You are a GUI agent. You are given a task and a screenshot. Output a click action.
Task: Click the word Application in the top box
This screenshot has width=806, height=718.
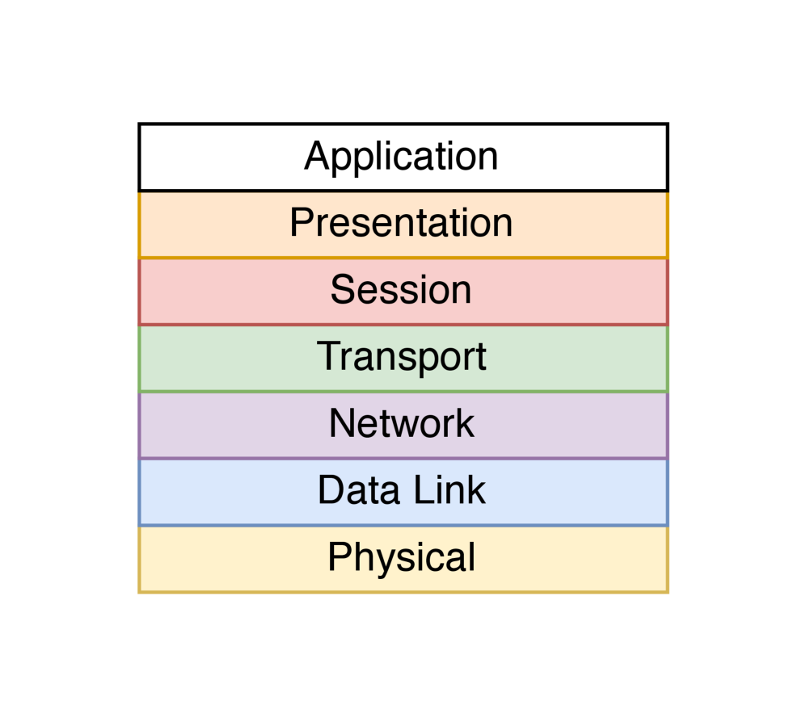[401, 157]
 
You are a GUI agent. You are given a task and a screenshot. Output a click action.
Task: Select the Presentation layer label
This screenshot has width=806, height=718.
[401, 223]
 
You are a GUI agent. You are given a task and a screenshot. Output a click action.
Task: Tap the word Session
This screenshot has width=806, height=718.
[401, 290]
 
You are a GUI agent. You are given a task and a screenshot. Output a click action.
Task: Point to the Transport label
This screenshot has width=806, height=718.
[401, 357]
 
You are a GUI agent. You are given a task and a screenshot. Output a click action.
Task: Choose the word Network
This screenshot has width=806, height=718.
[401, 424]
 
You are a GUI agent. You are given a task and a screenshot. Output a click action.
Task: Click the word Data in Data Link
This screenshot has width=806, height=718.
[357, 490]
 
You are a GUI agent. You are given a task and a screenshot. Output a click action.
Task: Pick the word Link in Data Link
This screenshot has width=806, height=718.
[452, 490]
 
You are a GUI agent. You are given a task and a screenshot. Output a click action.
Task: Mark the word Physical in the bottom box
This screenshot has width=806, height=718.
[401, 558]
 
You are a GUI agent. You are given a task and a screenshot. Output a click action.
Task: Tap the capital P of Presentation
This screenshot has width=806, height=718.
[301, 223]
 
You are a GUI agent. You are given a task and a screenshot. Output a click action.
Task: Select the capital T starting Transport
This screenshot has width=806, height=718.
[327, 356]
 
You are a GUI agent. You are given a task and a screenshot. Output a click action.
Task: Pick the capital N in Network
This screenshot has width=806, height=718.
[342, 424]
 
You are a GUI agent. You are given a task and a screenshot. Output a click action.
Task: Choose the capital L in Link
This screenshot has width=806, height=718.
[429, 490]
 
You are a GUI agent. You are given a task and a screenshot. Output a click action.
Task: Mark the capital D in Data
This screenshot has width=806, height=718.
[330, 490]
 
